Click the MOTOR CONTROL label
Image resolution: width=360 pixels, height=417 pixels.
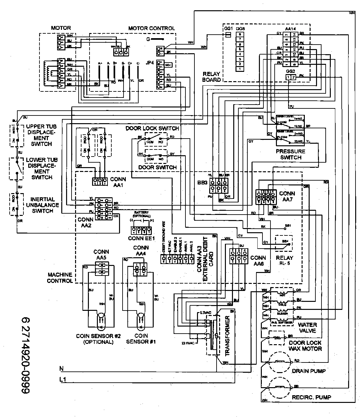151,28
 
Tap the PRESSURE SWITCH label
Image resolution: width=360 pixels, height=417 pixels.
291,154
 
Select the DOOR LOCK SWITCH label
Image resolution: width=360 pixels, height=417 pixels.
152,128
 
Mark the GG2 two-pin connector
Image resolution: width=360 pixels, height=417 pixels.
290,77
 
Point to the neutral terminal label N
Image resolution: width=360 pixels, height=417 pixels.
62,369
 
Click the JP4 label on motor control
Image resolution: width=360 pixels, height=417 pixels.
150,64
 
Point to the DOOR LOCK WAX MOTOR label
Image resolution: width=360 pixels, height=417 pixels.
305,345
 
